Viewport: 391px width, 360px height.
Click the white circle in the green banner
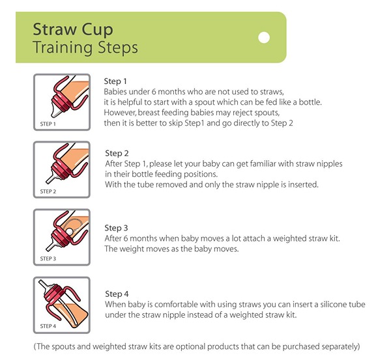[x=264, y=38]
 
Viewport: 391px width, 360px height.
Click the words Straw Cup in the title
[x=73, y=30]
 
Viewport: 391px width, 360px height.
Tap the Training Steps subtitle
[x=85, y=47]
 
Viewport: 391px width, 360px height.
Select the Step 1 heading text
[x=115, y=81]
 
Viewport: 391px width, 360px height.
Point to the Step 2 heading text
[x=117, y=153]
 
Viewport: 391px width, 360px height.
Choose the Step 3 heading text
[x=116, y=228]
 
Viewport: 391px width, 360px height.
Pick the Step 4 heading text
[x=117, y=294]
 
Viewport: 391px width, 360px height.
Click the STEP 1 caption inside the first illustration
[x=48, y=124]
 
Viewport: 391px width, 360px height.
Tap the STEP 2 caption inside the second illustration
[x=48, y=191]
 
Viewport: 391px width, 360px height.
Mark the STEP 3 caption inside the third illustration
[x=48, y=258]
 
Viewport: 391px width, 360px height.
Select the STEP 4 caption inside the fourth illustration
[x=48, y=326]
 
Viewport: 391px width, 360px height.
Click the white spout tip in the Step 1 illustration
[x=56, y=111]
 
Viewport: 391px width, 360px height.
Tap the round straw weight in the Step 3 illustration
[x=70, y=232]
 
